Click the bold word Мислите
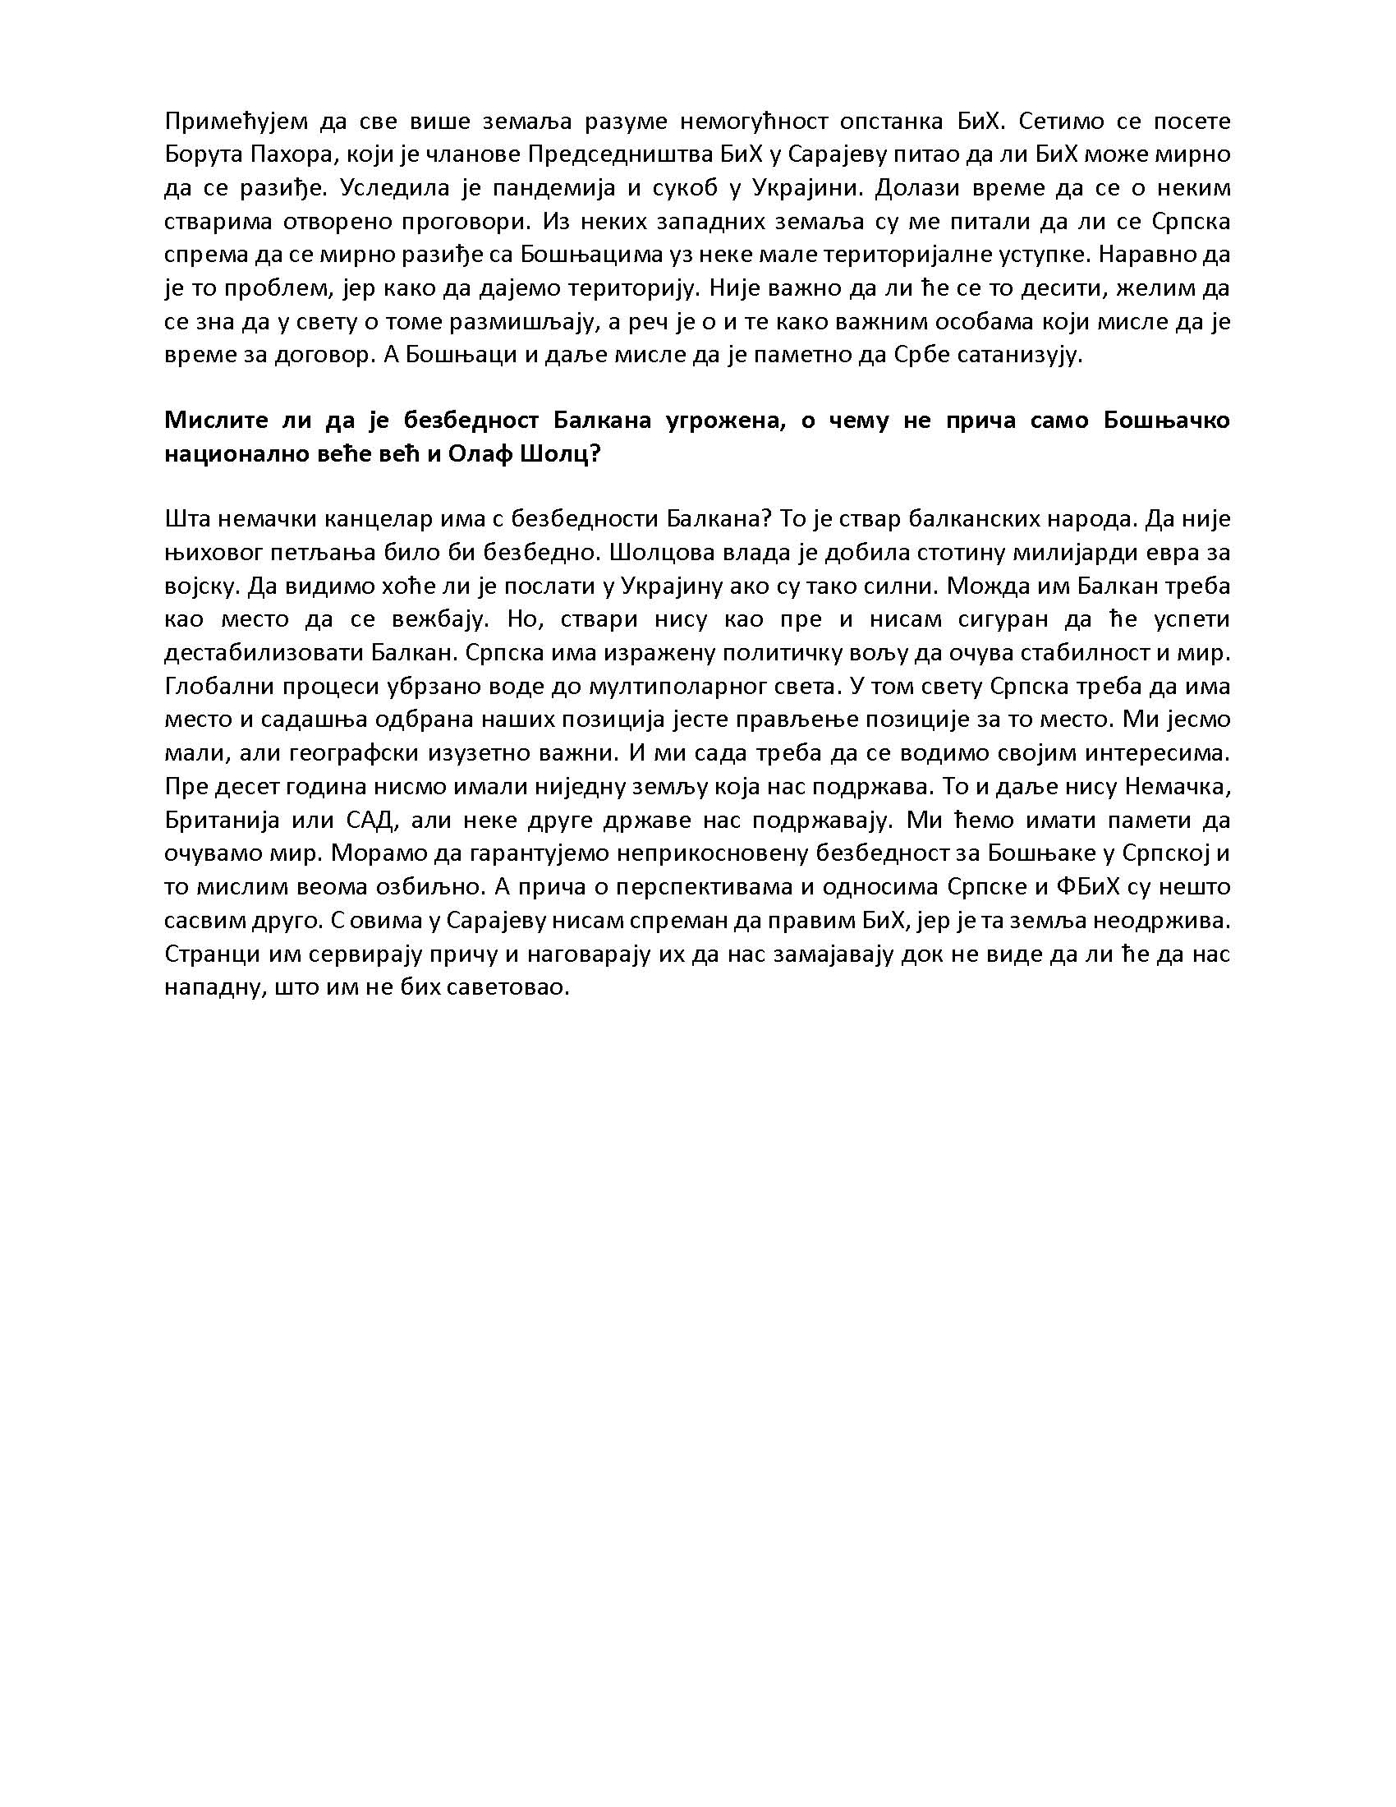[x=211, y=421]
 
